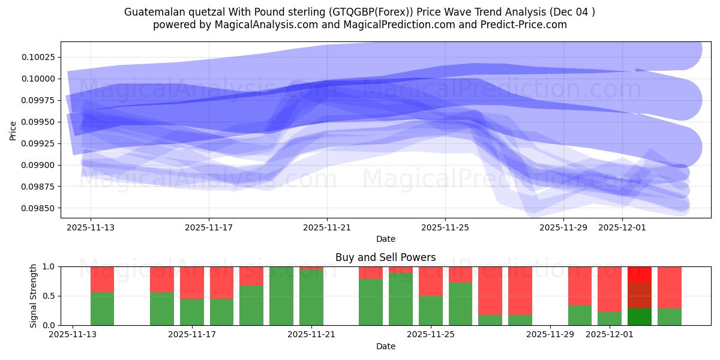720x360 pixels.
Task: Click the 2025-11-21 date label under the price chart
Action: click(x=327, y=227)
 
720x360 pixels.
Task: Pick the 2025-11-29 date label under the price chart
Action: click(x=563, y=227)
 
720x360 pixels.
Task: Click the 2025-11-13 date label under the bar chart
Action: click(x=73, y=335)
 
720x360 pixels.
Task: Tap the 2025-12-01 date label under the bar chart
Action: click(x=610, y=335)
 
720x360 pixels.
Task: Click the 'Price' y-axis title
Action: click(x=13, y=130)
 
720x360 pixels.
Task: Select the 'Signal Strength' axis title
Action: click(x=34, y=296)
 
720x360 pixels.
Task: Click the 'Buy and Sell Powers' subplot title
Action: click(x=385, y=257)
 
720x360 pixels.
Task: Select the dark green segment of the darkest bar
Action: click(x=640, y=317)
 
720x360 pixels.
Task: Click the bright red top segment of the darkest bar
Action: click(x=640, y=274)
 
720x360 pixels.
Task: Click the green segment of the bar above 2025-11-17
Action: click(x=192, y=312)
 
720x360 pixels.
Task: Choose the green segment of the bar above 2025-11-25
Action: click(x=431, y=310)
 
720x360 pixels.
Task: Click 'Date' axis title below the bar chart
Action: click(x=385, y=346)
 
